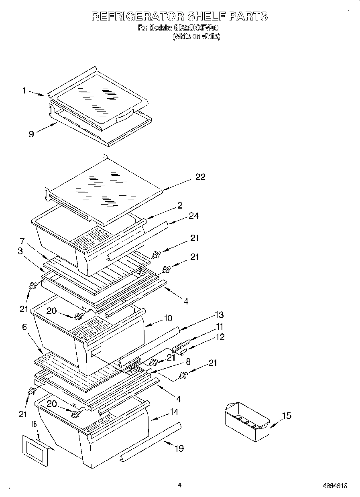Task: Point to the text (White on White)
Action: (196, 36)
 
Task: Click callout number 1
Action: (24, 91)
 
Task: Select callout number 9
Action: (31, 134)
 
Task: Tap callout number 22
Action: (200, 177)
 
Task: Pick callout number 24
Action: (194, 216)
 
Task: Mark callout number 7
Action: (22, 241)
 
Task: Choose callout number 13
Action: (219, 315)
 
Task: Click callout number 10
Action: (167, 318)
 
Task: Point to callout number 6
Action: (24, 327)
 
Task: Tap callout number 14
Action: (173, 412)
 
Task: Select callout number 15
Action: (286, 416)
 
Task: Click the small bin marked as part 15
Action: (246, 423)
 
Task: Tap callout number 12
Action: (220, 337)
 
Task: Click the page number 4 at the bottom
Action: (179, 485)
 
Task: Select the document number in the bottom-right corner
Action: (334, 485)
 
